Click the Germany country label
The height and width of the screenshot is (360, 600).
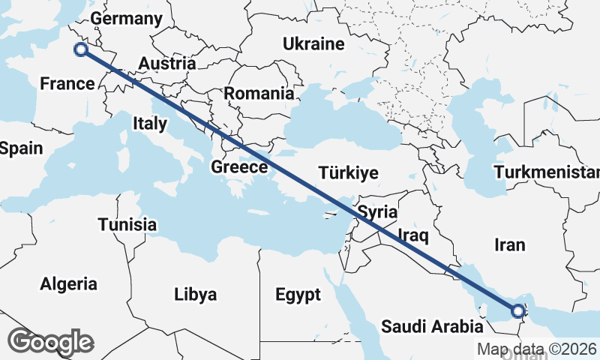click(x=125, y=19)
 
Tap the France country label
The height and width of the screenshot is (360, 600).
click(x=67, y=83)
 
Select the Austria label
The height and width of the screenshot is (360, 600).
click(x=167, y=64)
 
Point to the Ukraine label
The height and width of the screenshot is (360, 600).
click(x=313, y=44)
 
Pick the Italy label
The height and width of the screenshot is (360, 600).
click(x=150, y=123)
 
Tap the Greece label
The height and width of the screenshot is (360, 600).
click(x=239, y=166)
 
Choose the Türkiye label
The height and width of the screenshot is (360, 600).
click(x=348, y=173)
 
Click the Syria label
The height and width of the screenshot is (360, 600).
click(x=377, y=211)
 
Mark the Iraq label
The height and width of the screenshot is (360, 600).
click(x=412, y=237)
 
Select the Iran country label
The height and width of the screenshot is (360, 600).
click(x=510, y=244)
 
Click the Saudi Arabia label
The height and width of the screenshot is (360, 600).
click(x=431, y=327)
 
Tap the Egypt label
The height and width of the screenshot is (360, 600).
click(x=297, y=293)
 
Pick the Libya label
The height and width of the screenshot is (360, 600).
click(x=195, y=293)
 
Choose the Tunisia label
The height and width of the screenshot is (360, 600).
click(x=127, y=224)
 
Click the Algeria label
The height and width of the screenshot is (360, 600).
click(x=68, y=284)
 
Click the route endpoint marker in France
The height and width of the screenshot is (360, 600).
click(x=81, y=50)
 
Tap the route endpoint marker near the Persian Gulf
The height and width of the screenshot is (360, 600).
click(x=518, y=310)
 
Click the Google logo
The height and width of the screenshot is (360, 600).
click(x=50, y=342)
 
